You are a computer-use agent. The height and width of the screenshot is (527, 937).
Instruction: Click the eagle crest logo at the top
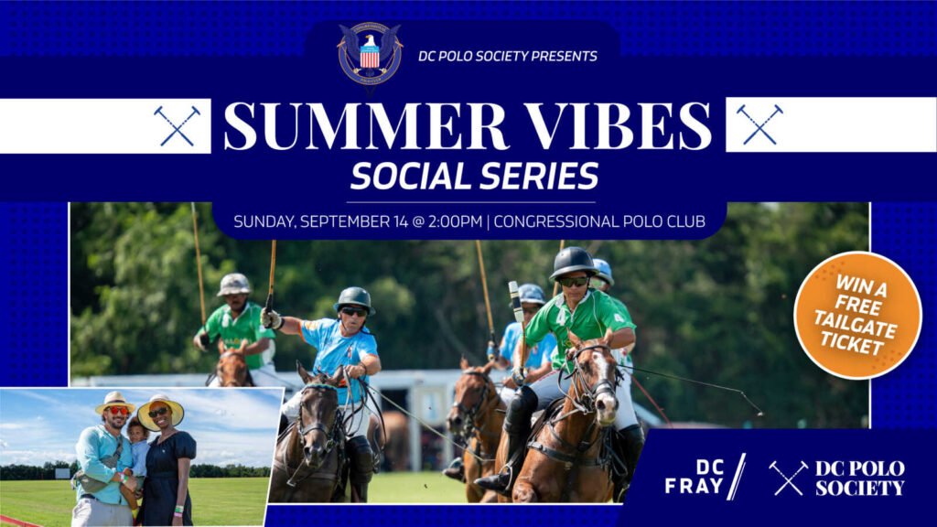pyautogui.click(x=370, y=55)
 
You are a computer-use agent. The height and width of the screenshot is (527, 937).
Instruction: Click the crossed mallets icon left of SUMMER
pyautogui.click(x=177, y=125)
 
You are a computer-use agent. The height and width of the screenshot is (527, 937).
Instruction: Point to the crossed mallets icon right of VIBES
pyautogui.click(x=759, y=124)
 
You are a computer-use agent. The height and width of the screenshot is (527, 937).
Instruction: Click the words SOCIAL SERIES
pyautogui.click(x=475, y=177)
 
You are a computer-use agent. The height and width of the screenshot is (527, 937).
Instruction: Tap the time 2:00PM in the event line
pyautogui.click(x=455, y=221)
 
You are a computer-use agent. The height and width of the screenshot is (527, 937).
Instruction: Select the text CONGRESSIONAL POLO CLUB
pyautogui.click(x=599, y=221)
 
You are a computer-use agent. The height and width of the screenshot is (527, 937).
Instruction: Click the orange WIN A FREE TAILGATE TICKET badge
pyautogui.click(x=857, y=315)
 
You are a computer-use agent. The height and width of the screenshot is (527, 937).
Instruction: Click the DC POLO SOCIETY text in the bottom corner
pyautogui.click(x=860, y=478)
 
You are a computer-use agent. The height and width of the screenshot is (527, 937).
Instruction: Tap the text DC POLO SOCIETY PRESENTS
pyautogui.click(x=507, y=56)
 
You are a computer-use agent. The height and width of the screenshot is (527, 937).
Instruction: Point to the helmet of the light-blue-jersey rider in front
pyautogui.click(x=354, y=299)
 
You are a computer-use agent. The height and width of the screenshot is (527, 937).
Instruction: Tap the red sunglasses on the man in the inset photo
pyautogui.click(x=118, y=411)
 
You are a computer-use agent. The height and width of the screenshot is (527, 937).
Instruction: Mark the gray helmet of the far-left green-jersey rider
pyautogui.click(x=233, y=285)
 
